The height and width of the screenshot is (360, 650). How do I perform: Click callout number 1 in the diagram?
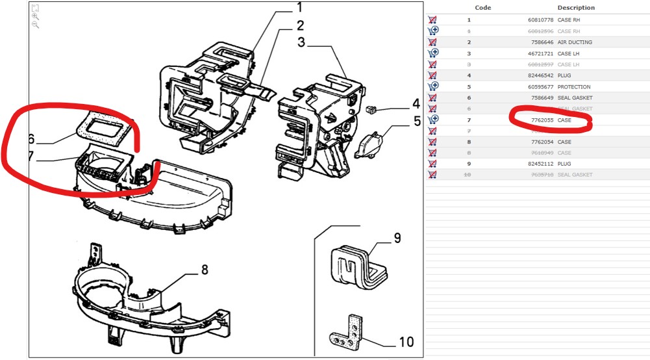click(300, 8)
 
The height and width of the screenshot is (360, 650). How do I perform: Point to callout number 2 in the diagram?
click(300, 26)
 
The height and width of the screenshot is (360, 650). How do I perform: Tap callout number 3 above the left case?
click(301, 43)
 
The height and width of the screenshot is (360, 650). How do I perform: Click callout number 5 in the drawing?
click(416, 120)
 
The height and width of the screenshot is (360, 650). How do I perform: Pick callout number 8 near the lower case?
click(205, 270)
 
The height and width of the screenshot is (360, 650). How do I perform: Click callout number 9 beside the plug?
click(397, 238)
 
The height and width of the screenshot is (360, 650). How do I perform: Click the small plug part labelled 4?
click(372, 108)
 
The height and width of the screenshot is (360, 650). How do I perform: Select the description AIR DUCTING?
click(575, 42)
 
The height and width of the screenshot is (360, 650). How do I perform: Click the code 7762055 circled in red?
click(542, 120)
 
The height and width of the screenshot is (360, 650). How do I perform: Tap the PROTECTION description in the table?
click(574, 86)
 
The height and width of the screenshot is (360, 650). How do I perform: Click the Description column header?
click(576, 8)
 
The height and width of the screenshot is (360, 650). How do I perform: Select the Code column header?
click(483, 8)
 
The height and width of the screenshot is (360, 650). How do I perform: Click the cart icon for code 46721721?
click(433, 53)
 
